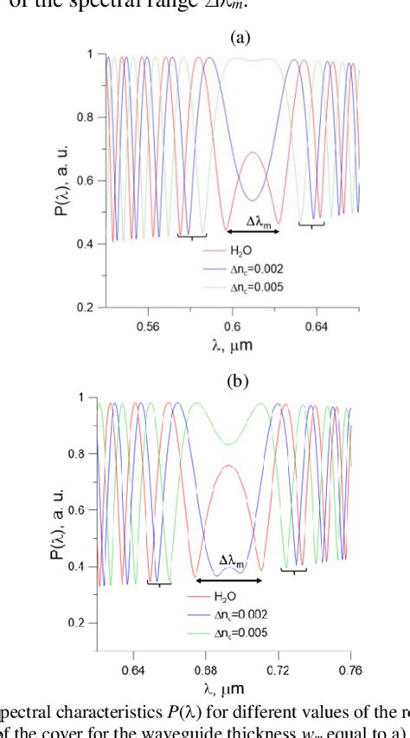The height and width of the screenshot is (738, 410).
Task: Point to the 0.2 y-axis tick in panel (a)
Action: (85, 307)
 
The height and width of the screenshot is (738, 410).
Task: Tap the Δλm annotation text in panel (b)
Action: (232, 560)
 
